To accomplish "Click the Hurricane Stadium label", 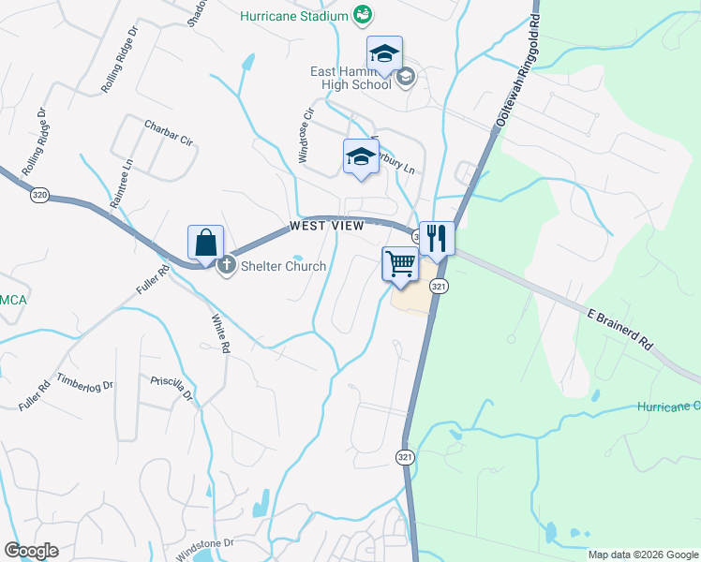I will [x=293, y=16].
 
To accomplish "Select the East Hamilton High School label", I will [x=350, y=78].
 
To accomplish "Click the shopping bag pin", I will [x=205, y=244].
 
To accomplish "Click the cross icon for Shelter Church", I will [x=226, y=266].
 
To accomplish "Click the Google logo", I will [x=30, y=551].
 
